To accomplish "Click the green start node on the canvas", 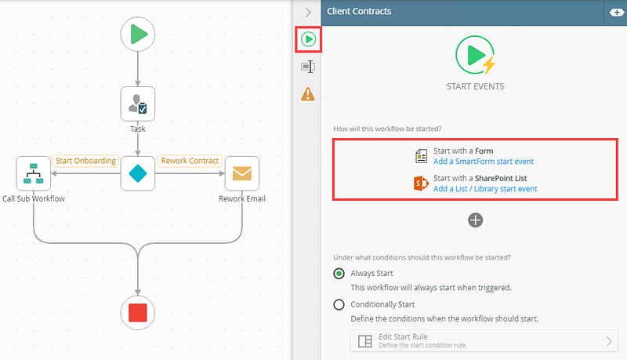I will (x=138, y=34).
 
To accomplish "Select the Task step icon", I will (x=138, y=104).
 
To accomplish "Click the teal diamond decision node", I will (x=138, y=173).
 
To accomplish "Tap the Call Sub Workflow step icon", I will (x=34, y=173).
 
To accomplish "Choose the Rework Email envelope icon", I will (x=241, y=173).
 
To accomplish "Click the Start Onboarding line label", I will (x=85, y=161).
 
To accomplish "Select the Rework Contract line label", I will (x=190, y=161).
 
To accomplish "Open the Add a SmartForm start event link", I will (x=484, y=162).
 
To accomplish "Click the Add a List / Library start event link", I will (x=485, y=189).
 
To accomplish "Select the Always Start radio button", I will (x=339, y=274).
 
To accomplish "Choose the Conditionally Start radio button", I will (x=339, y=304).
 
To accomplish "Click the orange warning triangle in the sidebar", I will (x=308, y=94).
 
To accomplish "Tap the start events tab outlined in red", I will (x=308, y=38).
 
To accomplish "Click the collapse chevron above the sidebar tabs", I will (x=308, y=12).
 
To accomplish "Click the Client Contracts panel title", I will (x=359, y=12).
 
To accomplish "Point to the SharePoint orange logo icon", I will (x=421, y=184).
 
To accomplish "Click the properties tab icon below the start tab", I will (x=308, y=67).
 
